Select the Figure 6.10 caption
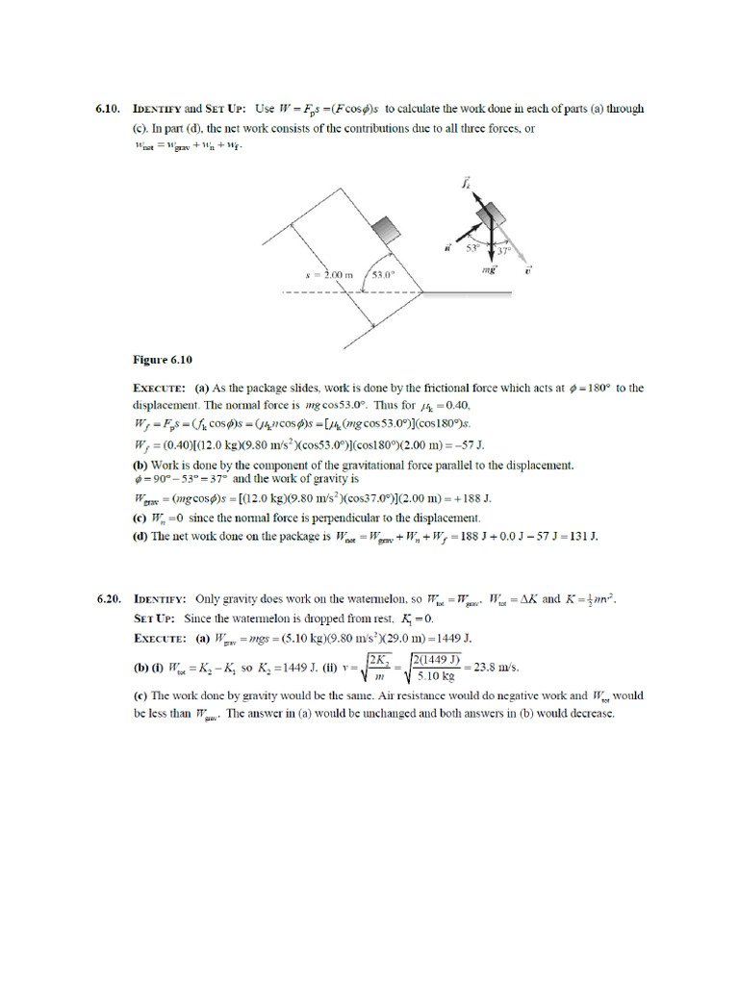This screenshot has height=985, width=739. pyautogui.click(x=162, y=360)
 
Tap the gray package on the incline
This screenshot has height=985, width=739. pyautogui.click(x=386, y=229)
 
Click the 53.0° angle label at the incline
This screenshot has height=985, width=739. pyautogui.click(x=384, y=274)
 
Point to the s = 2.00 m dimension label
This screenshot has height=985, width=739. pyautogui.click(x=330, y=274)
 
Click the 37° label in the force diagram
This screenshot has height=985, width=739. pyautogui.click(x=502, y=251)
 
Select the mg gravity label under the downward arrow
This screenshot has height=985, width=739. pyautogui.click(x=489, y=272)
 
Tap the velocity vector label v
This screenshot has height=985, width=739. pyautogui.click(x=528, y=272)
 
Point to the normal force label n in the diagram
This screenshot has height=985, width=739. pyautogui.click(x=448, y=248)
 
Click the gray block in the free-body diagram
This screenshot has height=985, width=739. pyautogui.click(x=492, y=213)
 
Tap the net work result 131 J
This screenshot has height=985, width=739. pyautogui.click(x=581, y=536)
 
